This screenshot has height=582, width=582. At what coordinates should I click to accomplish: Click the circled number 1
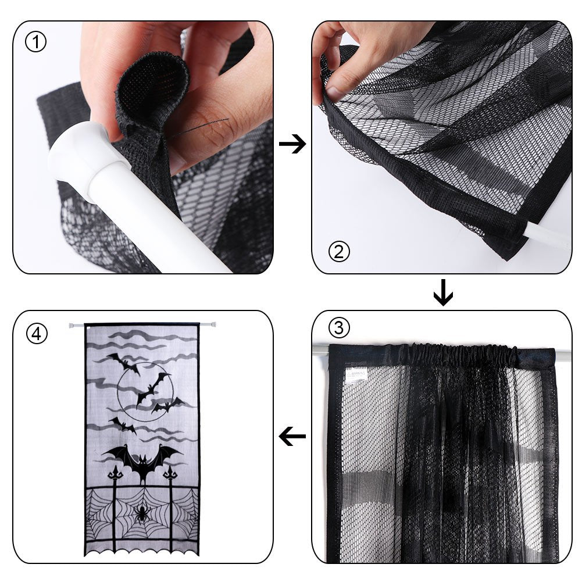[x=35, y=42]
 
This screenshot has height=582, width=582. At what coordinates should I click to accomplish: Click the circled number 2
[x=339, y=251]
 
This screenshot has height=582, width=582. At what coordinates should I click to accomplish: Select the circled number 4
[x=36, y=334]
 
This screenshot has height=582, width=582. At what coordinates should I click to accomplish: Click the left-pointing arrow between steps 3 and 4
[x=292, y=436]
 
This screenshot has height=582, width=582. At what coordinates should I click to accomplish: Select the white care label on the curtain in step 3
[x=356, y=374]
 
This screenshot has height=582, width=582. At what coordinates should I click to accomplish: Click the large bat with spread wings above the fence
[x=142, y=460]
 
